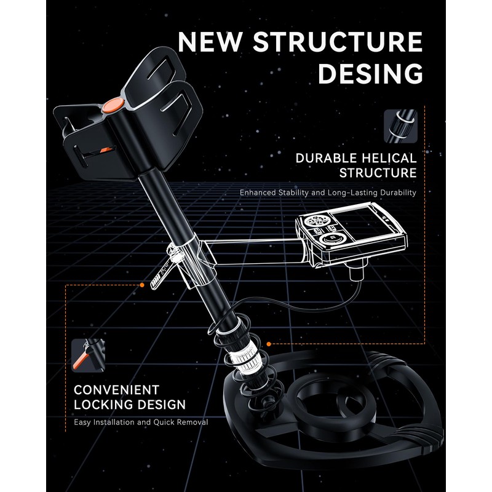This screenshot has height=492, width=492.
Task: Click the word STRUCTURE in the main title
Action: pos(338,42)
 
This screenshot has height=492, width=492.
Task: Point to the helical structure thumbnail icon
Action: pos(400,125)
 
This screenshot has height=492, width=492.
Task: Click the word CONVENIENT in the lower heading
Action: pos(116,390)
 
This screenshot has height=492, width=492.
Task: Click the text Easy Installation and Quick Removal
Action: pos(141,423)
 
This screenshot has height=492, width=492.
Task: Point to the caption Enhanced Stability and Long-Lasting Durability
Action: pos(328,192)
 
